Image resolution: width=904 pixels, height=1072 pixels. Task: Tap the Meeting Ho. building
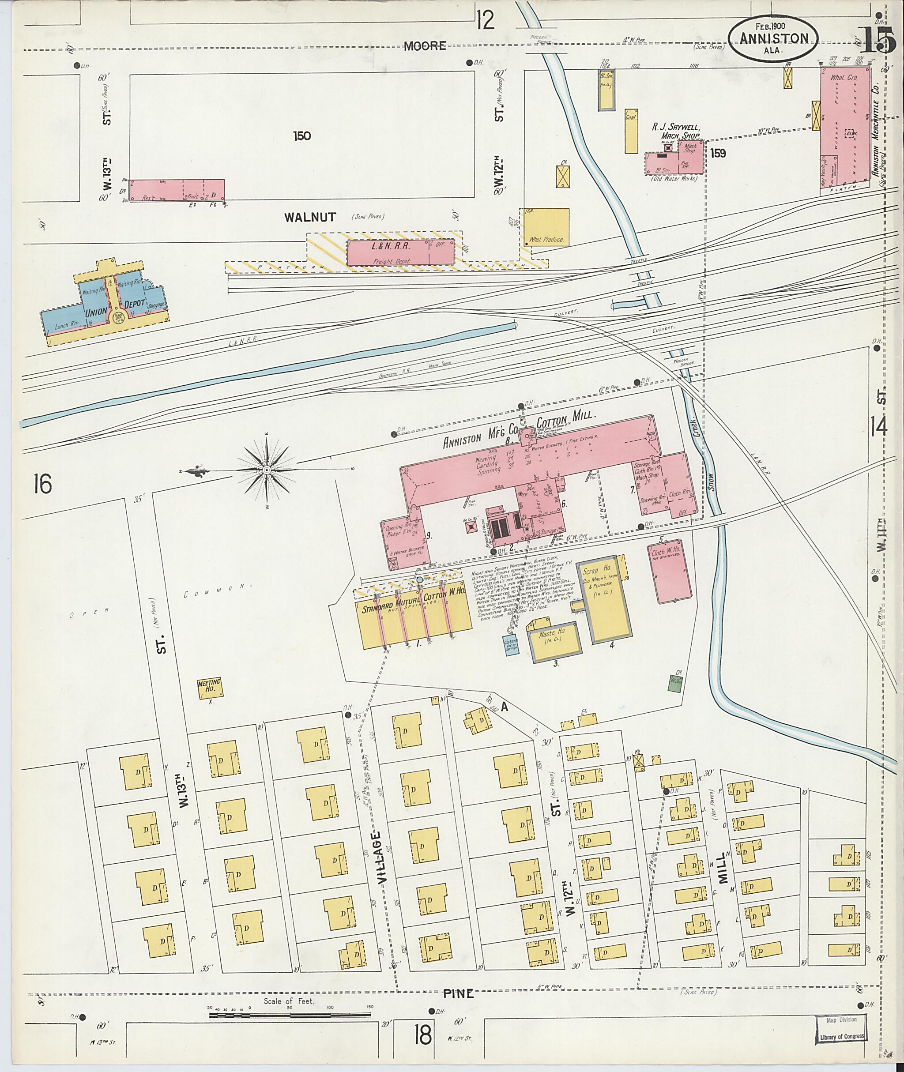click(211, 688)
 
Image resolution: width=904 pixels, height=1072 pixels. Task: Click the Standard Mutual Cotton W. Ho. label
click(414, 608)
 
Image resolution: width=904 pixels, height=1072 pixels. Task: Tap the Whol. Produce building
click(546, 227)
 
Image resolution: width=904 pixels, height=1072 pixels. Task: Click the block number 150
click(302, 136)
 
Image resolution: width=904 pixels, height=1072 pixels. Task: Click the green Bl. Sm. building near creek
click(674, 683)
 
